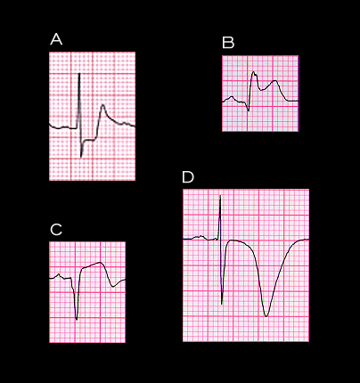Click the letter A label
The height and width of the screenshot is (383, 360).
56,39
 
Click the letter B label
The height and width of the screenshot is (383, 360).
228,43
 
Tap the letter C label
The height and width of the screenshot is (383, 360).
56,230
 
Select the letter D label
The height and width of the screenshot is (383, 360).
188,177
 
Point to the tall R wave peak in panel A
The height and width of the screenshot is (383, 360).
79,74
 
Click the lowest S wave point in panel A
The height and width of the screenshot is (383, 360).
81,157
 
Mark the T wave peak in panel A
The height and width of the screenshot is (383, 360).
102,105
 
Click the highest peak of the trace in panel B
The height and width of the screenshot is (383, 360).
253,72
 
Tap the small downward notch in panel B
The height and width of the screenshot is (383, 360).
249,110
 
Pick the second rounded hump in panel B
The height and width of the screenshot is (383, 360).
275,81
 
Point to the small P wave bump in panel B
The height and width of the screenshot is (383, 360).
232,97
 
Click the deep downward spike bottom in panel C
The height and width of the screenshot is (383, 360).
77,320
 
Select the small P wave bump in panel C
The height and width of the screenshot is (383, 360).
59,274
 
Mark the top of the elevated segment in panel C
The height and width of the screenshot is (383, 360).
101,263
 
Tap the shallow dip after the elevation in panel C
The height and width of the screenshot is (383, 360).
113,287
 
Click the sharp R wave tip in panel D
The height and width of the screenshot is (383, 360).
220,195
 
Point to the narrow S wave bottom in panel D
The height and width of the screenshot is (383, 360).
222,304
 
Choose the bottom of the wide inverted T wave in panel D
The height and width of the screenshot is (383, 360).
266,316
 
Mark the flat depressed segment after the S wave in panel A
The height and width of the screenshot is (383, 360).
90,140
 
